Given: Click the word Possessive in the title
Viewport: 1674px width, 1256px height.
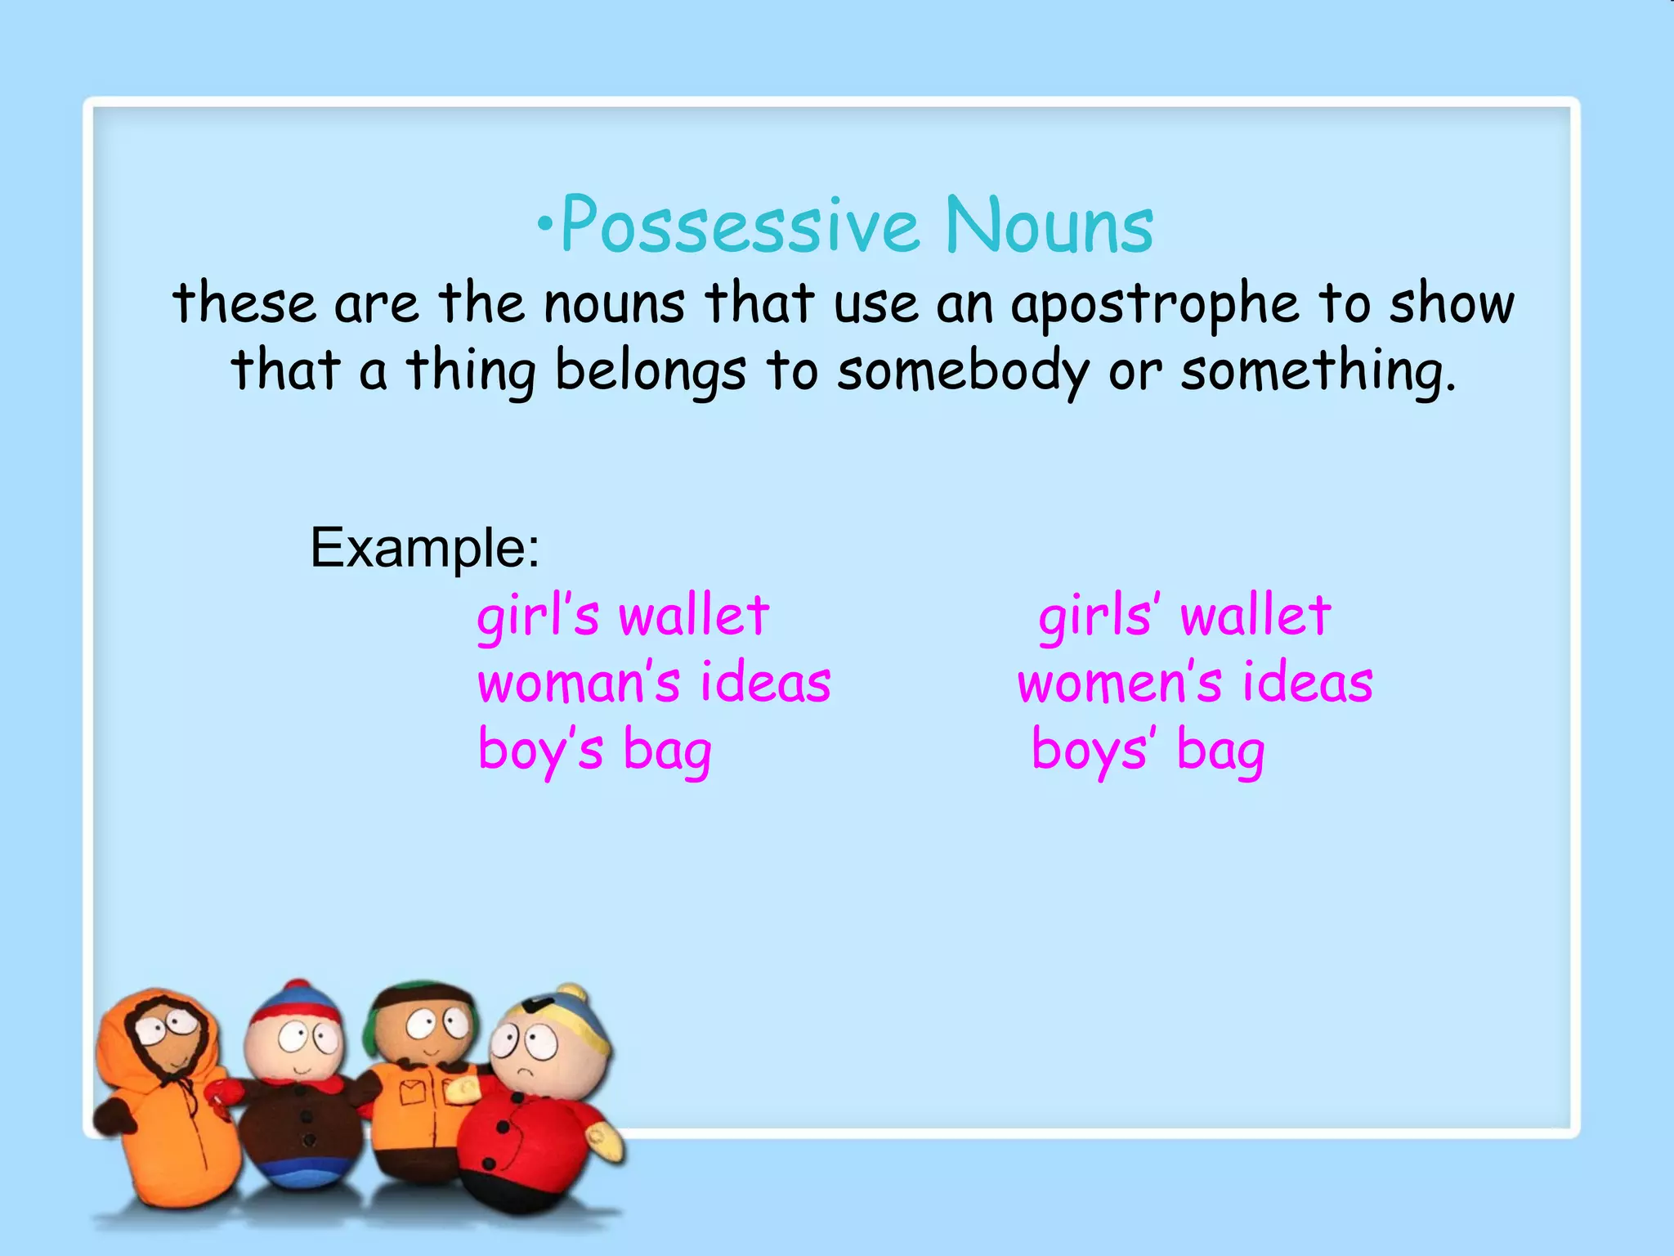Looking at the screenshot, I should (740, 225).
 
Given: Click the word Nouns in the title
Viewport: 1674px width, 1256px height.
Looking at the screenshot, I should (1050, 225).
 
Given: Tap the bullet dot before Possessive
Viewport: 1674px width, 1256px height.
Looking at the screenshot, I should (545, 223).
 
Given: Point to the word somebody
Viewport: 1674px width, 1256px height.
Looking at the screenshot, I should (963, 371).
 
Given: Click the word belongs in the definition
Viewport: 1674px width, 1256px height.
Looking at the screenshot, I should (651, 371).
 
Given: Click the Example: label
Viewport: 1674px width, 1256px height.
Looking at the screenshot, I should (425, 547).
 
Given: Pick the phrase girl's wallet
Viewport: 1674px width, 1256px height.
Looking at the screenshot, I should (623, 616).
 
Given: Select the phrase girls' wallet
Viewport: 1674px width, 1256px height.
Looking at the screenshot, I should (1184, 616).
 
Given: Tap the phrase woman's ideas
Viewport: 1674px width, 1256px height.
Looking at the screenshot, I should (654, 683).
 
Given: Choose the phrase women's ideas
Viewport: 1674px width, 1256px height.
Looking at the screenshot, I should (1195, 683).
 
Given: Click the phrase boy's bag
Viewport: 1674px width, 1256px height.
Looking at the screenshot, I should (594, 751).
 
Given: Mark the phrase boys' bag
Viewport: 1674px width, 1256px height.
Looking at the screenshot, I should (1148, 751).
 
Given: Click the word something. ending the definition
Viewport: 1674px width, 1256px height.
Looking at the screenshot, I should (1318, 371).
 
